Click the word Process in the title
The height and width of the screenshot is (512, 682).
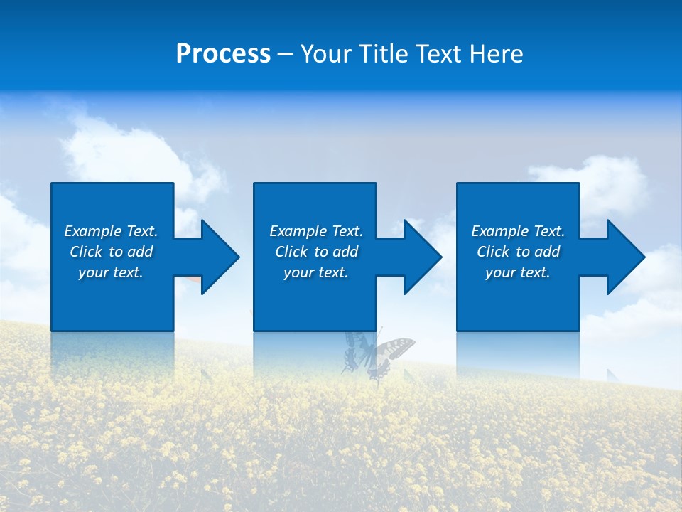223,54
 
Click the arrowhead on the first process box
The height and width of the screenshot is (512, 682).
220,257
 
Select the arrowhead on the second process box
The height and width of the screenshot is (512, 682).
423,257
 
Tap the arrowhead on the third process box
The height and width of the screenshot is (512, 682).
626,257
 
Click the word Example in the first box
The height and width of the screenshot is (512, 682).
93,231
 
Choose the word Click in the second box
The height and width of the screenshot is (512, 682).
291,252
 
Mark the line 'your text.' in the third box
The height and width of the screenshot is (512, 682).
517,272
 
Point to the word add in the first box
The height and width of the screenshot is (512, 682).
140,252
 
